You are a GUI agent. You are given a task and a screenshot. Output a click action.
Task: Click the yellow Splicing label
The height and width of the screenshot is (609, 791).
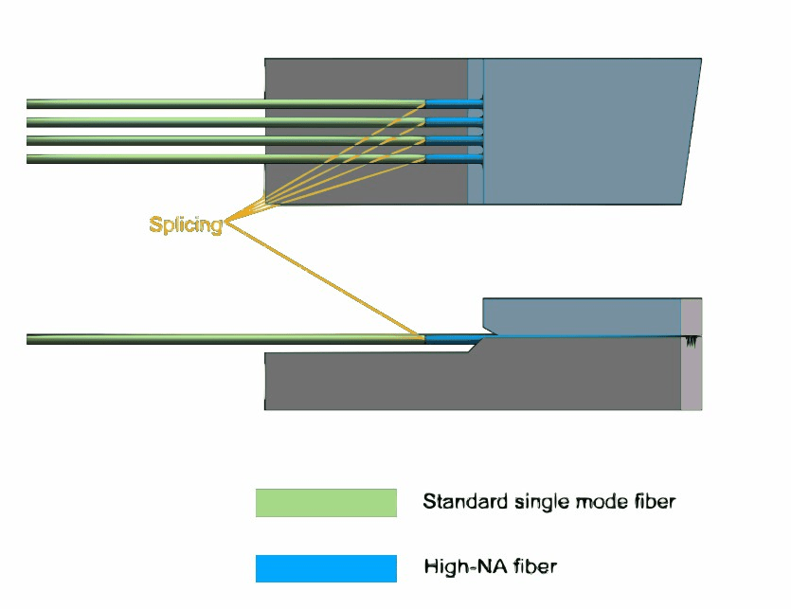[186, 224]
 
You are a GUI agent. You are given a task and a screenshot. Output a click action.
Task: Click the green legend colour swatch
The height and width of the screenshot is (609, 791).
[326, 503]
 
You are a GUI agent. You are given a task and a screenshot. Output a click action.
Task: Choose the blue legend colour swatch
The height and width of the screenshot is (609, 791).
[326, 568]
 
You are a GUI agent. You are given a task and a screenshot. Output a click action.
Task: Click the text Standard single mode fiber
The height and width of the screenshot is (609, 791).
[548, 501]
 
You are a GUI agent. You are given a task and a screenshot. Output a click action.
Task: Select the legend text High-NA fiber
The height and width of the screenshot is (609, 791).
[490, 567]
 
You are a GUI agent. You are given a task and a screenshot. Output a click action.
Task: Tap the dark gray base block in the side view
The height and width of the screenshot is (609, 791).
[474, 379]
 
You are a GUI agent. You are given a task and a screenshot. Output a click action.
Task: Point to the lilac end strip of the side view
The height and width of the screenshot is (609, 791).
[692, 379]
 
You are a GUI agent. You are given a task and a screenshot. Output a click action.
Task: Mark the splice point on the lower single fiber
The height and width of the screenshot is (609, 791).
[422, 338]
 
